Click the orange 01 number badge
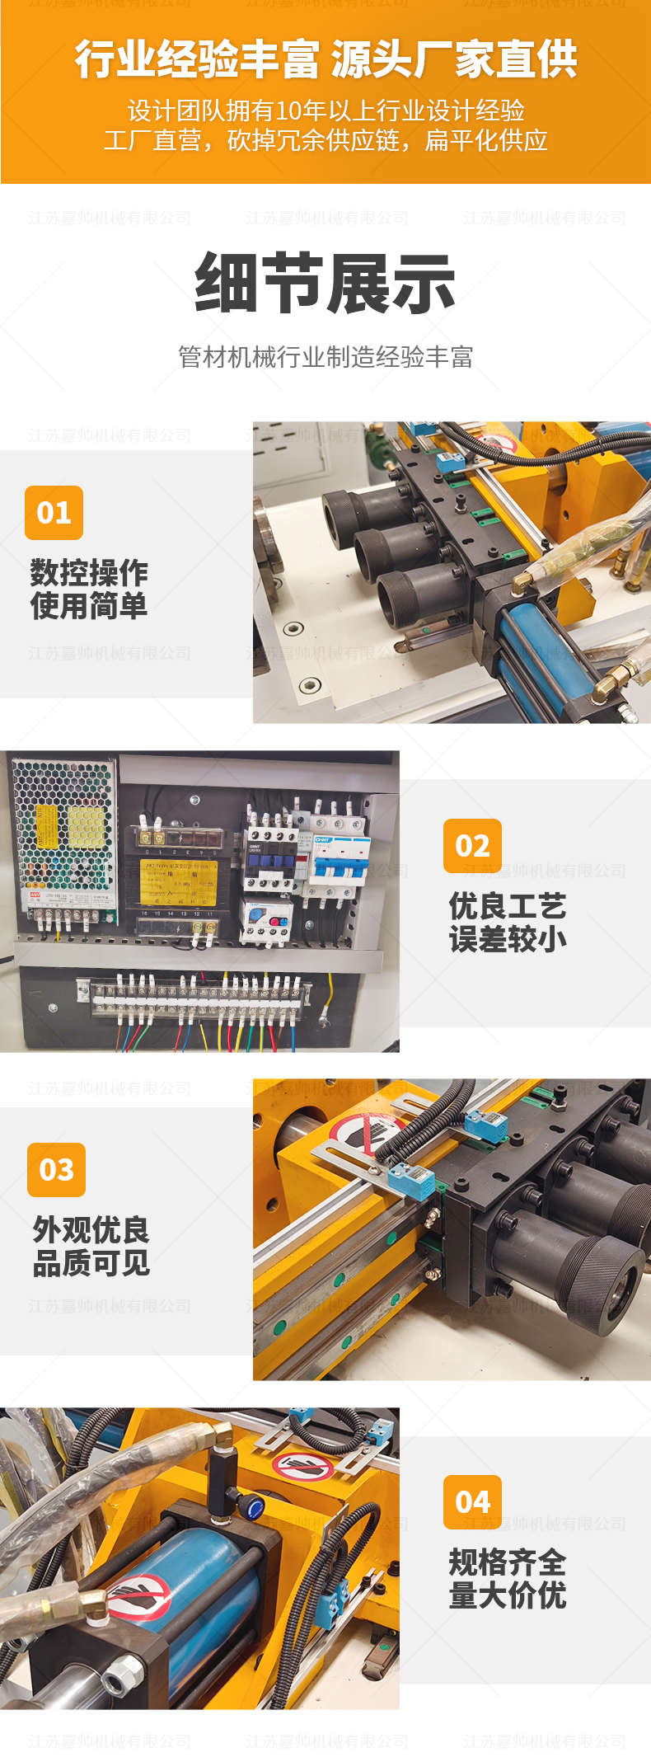pos(54,513)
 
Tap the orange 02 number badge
pos(472,846)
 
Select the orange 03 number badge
pos(56,1170)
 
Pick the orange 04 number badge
pos(472,1502)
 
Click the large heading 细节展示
pos(325,284)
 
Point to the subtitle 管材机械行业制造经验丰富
pos(325,357)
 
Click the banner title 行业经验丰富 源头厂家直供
pos(325,59)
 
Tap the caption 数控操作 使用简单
pos(89,590)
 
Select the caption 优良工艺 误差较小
pos(508,923)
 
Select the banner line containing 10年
pos(325,110)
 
